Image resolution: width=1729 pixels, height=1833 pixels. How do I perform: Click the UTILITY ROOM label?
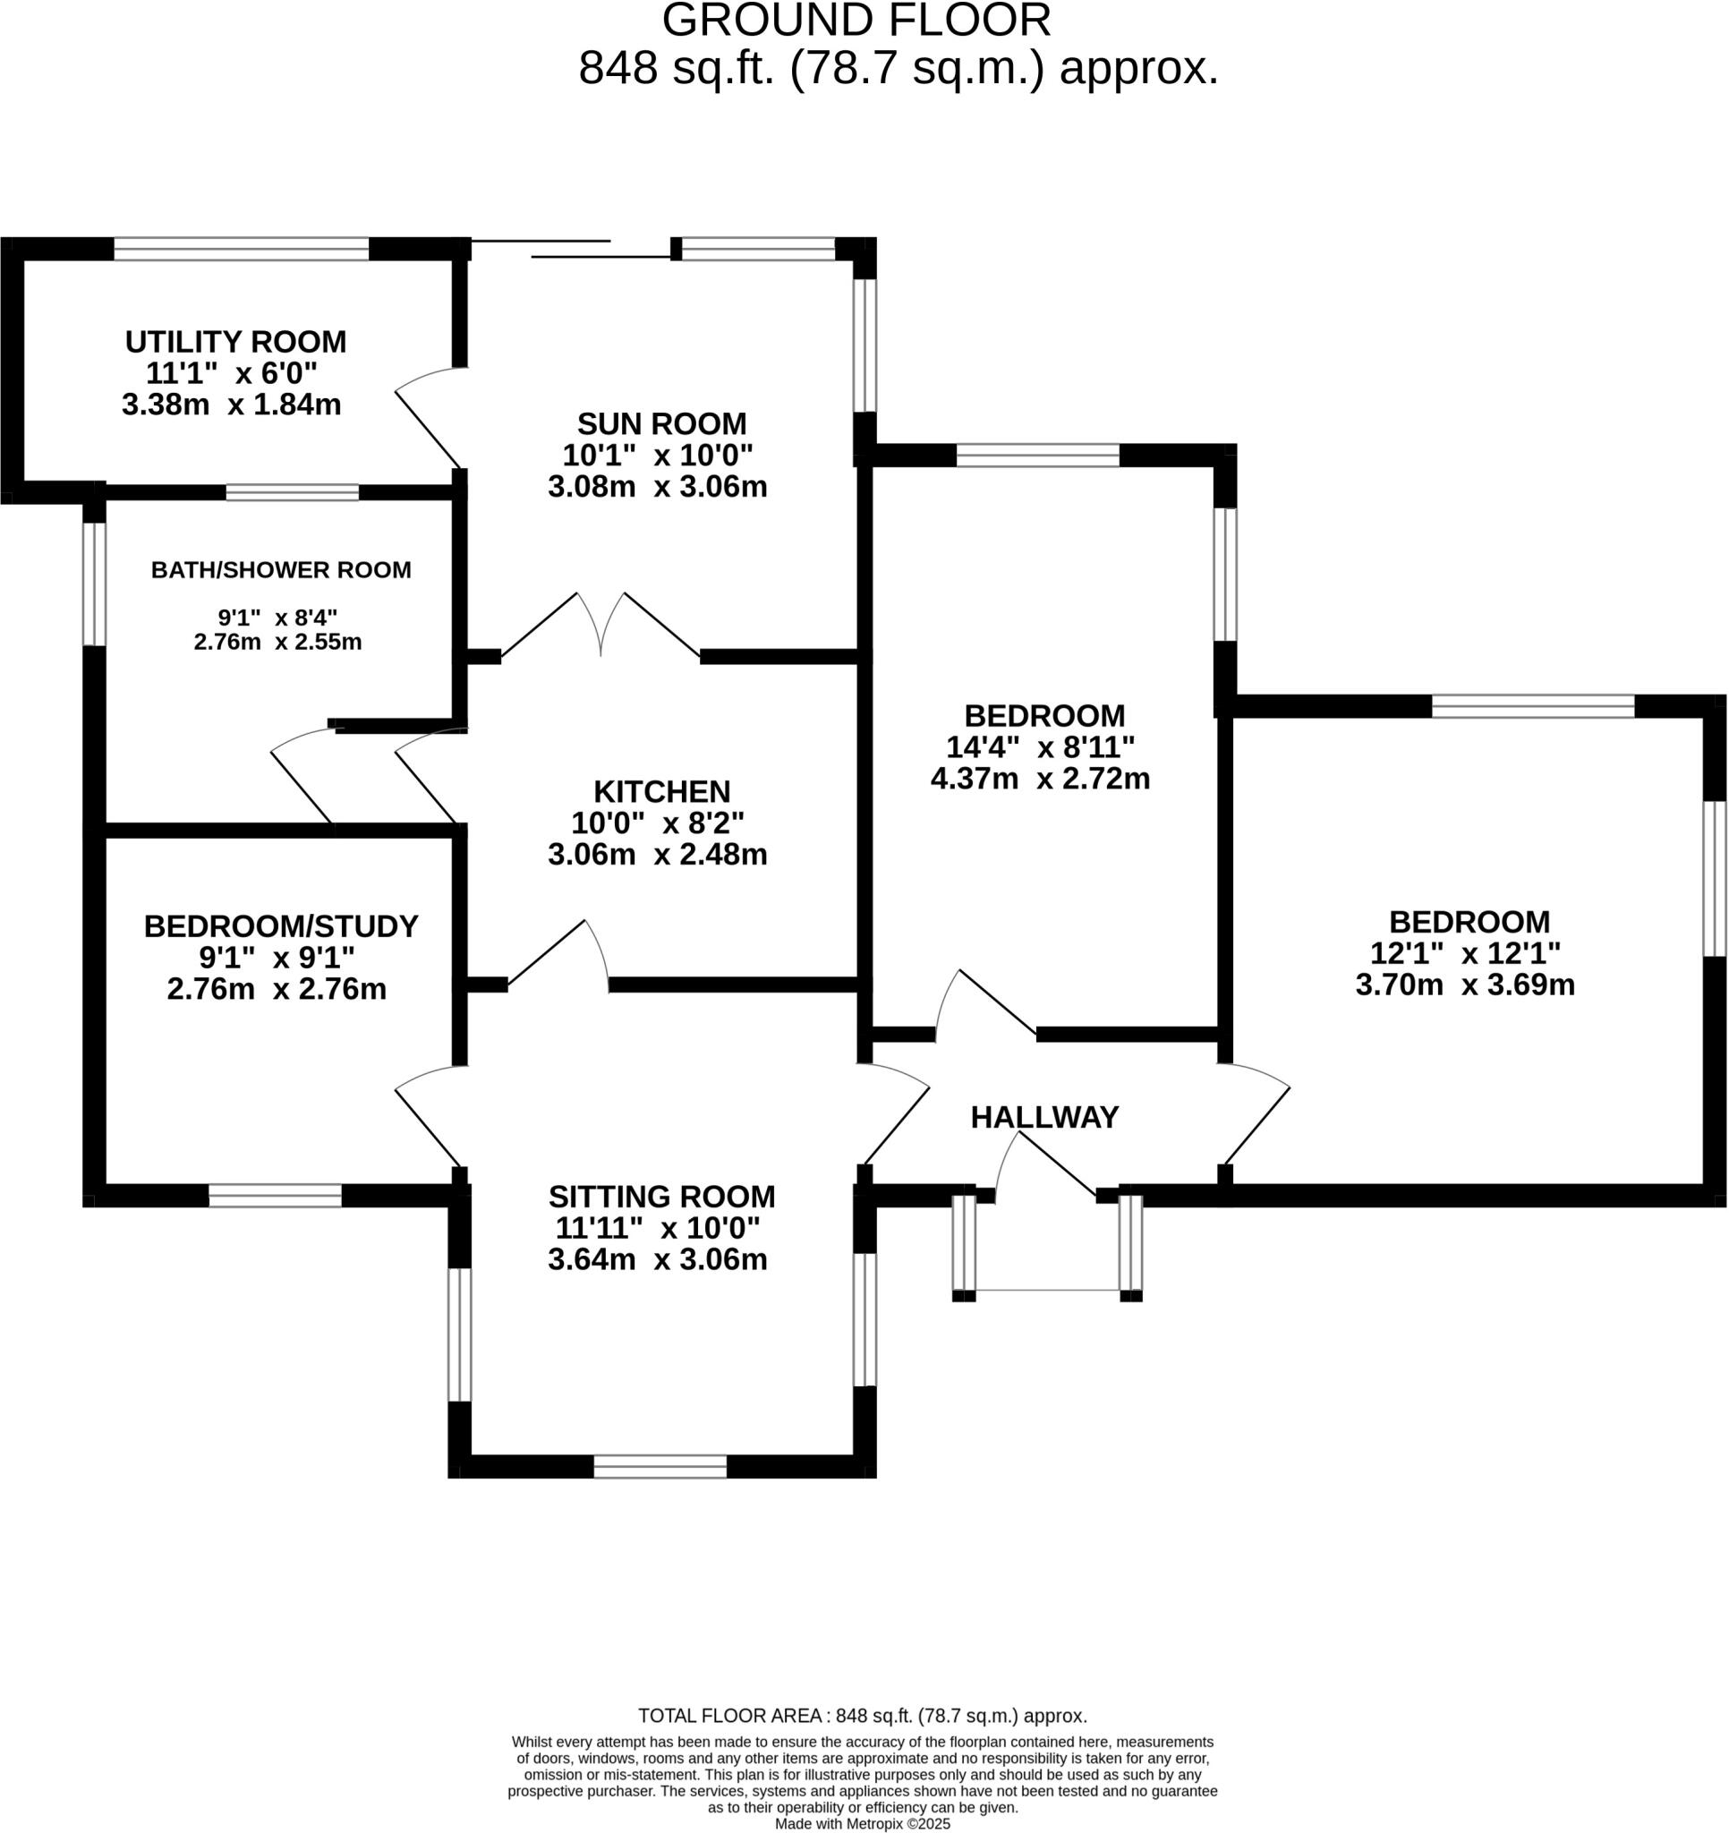(236, 342)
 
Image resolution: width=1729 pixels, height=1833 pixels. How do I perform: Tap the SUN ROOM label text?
(661, 424)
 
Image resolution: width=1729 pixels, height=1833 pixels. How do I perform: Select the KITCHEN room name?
(661, 791)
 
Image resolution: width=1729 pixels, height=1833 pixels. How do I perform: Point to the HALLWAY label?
(1043, 1118)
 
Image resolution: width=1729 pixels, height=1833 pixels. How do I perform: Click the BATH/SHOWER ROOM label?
(281, 570)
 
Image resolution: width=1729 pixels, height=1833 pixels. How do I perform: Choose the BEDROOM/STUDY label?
(280, 925)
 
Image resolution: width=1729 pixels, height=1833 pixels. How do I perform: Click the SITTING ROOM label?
(661, 1197)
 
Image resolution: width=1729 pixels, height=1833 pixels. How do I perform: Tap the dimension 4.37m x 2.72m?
(1040, 780)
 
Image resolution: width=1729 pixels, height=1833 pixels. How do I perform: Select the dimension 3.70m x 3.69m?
(1464, 985)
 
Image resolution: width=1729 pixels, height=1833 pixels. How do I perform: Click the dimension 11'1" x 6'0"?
(232, 373)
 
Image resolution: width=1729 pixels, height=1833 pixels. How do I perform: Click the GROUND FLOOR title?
(856, 21)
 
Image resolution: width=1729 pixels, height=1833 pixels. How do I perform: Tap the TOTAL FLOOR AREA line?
(862, 1716)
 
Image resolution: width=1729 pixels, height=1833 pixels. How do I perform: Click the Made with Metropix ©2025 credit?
(862, 1824)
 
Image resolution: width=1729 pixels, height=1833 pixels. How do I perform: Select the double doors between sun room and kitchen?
(600, 627)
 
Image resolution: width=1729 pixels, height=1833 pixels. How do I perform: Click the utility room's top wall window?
(241, 249)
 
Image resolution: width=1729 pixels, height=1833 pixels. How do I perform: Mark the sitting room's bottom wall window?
(660, 1466)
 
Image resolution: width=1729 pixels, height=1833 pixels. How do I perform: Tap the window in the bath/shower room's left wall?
(94, 584)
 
